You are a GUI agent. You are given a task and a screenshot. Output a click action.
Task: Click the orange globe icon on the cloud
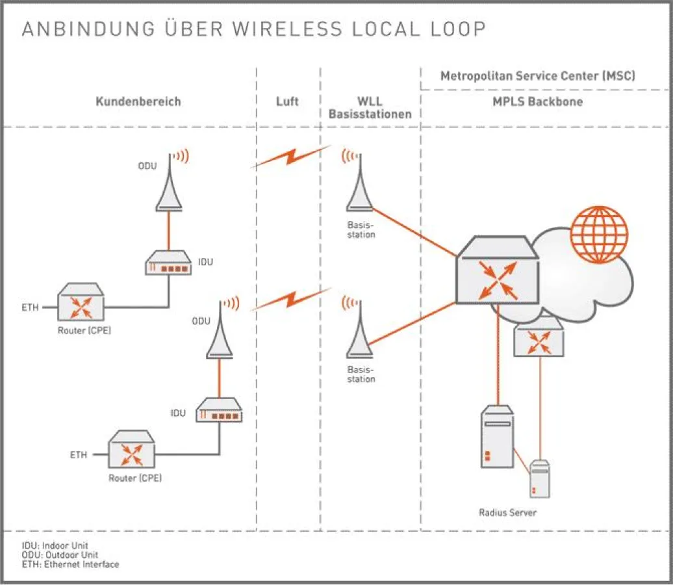(x=600, y=235)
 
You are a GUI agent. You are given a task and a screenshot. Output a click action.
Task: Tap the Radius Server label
(x=508, y=513)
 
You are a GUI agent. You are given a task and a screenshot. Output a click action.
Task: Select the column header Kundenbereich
(x=138, y=101)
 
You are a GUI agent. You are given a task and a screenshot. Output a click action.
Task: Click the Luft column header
(x=287, y=101)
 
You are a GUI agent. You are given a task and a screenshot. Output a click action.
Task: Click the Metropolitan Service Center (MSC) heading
(x=537, y=76)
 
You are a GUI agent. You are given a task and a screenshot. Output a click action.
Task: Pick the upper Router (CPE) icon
(x=81, y=301)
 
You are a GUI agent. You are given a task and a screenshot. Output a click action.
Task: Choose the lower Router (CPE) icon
(x=133, y=449)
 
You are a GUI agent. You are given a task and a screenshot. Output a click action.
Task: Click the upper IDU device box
(x=168, y=263)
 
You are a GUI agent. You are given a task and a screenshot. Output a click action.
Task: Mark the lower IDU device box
(x=219, y=411)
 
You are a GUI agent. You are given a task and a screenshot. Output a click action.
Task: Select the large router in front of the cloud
(x=498, y=270)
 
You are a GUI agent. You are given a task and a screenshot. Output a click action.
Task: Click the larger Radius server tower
(x=498, y=437)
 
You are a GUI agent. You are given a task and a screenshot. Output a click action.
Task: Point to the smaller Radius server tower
(x=540, y=479)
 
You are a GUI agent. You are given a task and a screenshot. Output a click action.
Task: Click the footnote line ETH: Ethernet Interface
(x=71, y=565)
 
